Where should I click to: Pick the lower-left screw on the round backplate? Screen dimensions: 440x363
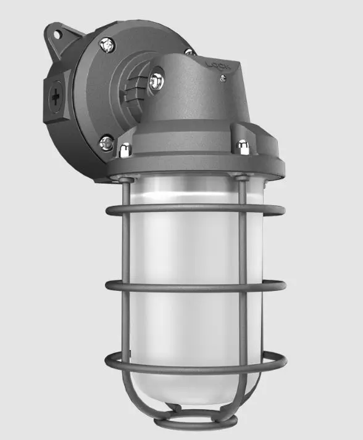[x=107, y=143]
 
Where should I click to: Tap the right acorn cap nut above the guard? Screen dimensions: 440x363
[x=243, y=147]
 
